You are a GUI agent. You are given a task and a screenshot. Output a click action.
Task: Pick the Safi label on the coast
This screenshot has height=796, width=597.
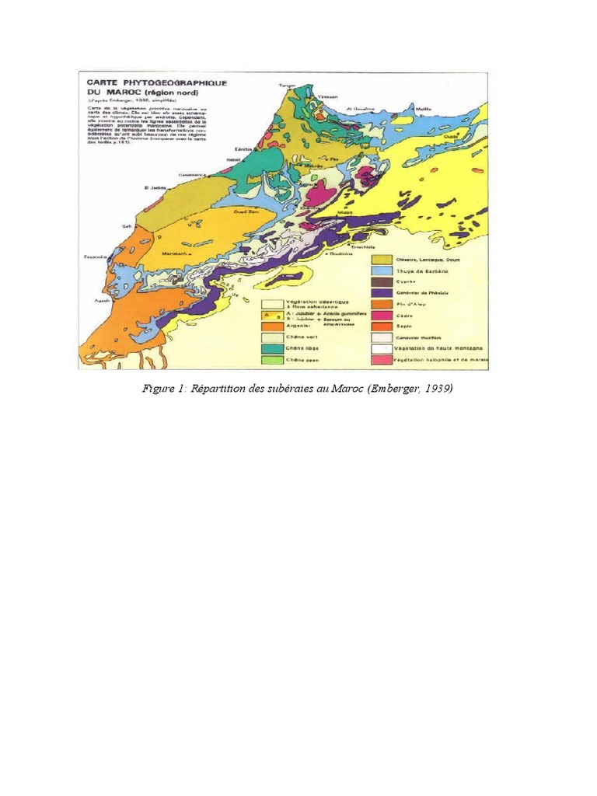(126, 226)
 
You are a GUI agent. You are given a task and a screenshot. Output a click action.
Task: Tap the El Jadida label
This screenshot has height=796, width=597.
(155, 187)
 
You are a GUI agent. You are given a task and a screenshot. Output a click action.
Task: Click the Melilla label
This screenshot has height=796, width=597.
(424, 110)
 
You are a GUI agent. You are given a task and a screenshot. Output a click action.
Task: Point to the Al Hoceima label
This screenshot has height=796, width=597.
(361, 108)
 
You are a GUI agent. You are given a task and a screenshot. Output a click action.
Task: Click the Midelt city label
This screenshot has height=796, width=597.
(344, 211)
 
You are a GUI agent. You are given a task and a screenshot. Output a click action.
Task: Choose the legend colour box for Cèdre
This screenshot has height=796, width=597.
(380, 316)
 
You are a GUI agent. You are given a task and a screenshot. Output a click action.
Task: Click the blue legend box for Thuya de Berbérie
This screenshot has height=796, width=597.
(380, 270)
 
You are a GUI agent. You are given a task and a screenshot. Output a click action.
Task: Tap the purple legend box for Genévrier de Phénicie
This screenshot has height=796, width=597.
(380, 292)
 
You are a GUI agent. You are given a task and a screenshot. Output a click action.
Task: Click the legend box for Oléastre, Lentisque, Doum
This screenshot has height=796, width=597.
(380, 259)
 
